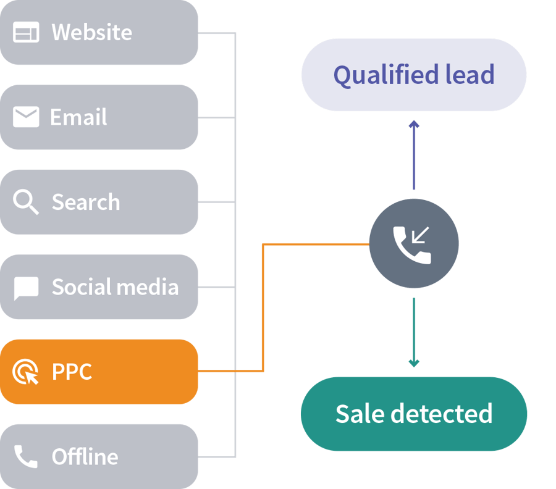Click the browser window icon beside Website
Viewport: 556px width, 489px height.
tap(26, 32)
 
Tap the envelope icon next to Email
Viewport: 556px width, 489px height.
tap(26, 117)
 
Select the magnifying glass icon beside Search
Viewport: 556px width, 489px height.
tap(26, 202)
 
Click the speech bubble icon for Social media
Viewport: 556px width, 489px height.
tap(26, 288)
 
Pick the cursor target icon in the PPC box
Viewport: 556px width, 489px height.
tap(26, 372)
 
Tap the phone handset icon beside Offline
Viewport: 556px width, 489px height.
tap(26, 456)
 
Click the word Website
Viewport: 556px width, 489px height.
tap(91, 32)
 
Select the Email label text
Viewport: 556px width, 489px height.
tap(78, 117)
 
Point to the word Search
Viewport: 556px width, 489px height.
tap(86, 202)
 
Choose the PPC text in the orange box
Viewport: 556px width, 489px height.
tap(72, 372)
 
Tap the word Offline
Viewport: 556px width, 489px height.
tap(85, 456)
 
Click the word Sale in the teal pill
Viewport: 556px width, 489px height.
tap(360, 414)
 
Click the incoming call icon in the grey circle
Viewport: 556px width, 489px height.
tap(413, 244)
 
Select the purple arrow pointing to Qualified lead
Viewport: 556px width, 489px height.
tap(414, 154)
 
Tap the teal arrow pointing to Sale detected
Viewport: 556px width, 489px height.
tap(414, 333)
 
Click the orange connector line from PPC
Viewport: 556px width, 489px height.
tap(263, 309)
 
